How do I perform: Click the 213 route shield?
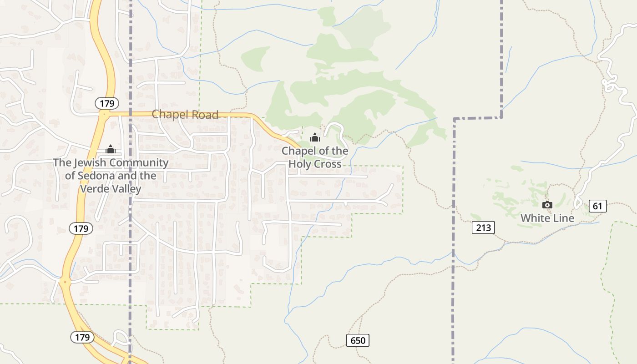point(483,227)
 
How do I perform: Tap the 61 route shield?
point(597,206)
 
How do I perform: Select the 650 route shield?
point(358,340)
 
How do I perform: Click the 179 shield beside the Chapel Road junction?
point(107,103)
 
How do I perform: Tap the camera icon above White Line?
point(547,205)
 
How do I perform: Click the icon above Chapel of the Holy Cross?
point(314,137)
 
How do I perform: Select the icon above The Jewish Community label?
point(111,149)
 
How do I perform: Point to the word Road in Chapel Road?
point(206,115)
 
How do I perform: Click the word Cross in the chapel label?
point(329,164)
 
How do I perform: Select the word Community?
point(140,162)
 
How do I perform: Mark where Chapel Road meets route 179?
point(105,114)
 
